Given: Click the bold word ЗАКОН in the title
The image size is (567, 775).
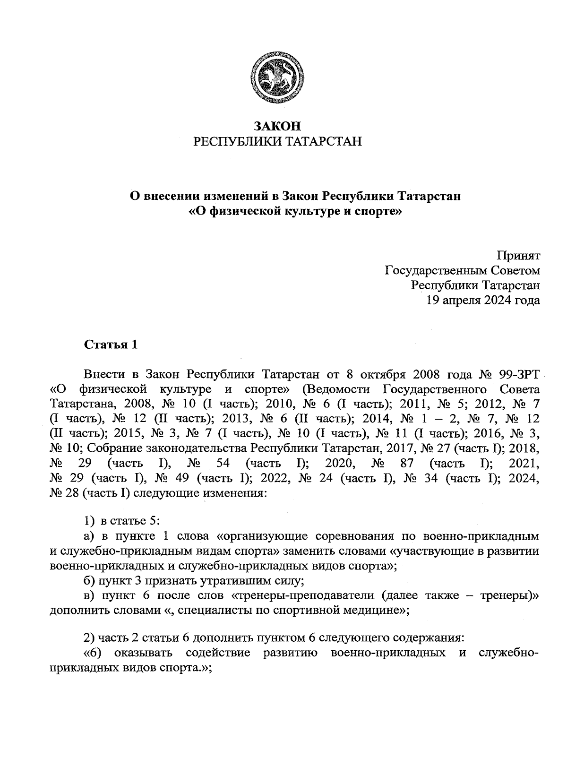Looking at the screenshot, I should [277, 126].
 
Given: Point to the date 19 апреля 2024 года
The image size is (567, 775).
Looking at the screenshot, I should [482, 300].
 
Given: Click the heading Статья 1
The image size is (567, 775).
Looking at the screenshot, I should [111, 344].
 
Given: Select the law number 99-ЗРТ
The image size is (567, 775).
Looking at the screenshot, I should [519, 375].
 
